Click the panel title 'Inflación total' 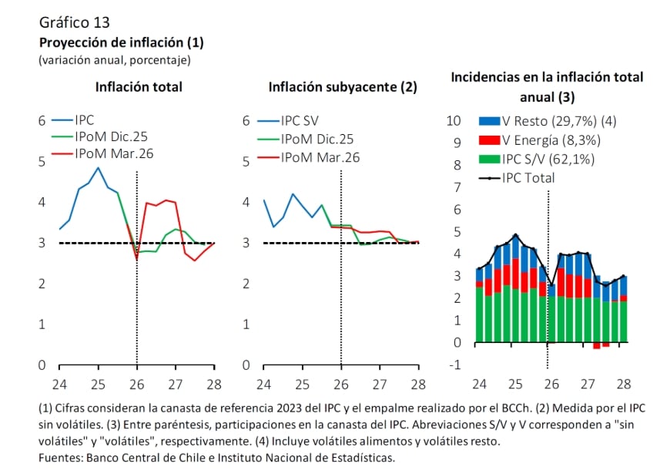click(139, 86)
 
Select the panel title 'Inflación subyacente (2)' click(342, 87)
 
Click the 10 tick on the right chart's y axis click(454, 121)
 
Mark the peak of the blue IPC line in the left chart click(98, 167)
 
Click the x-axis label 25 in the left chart click(99, 384)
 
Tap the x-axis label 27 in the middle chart click(380, 384)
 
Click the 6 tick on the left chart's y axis click(42, 121)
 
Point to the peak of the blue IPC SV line click(293, 194)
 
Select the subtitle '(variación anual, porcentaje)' click(114, 59)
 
